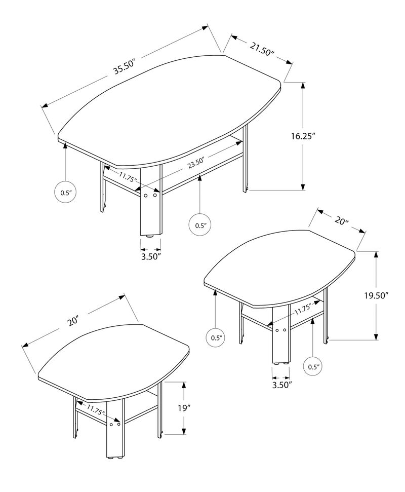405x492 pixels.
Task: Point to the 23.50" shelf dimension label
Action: coord(197,163)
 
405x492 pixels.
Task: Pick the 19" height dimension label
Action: coord(183,408)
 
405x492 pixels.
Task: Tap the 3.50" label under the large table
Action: coord(150,257)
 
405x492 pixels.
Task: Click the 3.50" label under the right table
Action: coord(281,385)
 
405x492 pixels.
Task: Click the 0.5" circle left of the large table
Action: coord(65,193)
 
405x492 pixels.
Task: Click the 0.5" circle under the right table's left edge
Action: coord(216,336)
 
